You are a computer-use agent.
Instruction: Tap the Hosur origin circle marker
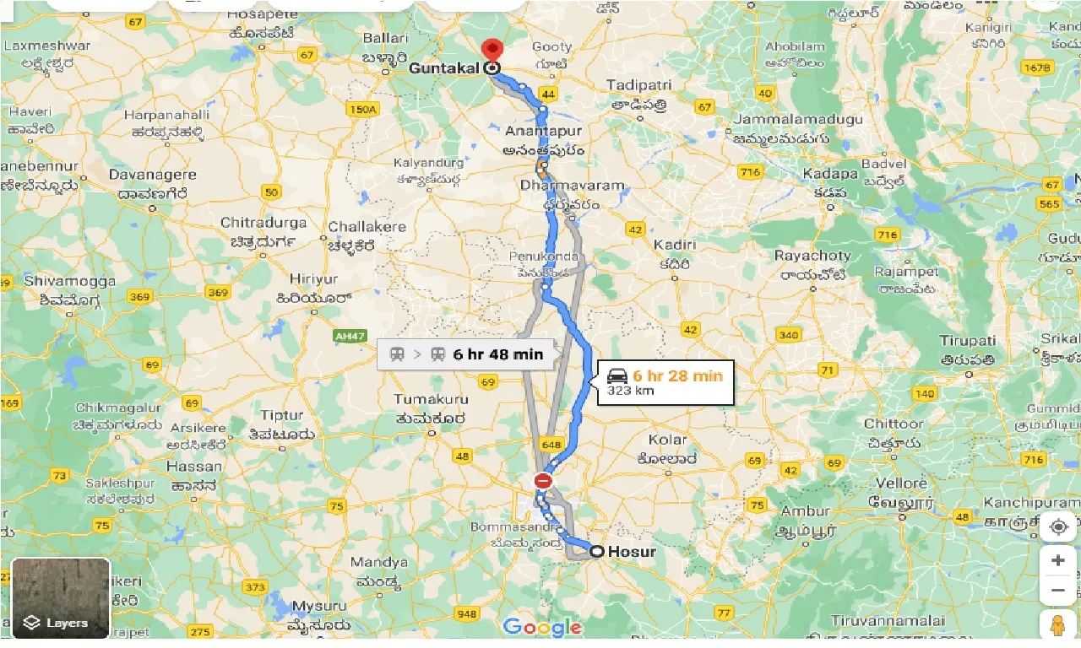point(596,551)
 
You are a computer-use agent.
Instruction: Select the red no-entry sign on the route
point(543,481)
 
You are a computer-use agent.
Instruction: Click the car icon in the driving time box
point(617,375)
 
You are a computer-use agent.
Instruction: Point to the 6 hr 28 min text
point(677,375)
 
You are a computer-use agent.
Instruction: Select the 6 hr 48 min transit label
point(497,354)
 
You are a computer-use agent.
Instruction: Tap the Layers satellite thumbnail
point(61,598)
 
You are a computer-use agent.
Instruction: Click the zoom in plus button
point(1058,560)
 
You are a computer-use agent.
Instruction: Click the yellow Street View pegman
point(1058,627)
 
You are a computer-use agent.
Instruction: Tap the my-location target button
point(1058,527)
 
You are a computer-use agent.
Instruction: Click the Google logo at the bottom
point(542,627)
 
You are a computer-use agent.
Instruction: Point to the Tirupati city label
point(967,341)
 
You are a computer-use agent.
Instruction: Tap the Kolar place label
point(667,440)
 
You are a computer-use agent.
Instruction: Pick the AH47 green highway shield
point(349,336)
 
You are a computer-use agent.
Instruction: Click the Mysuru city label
point(318,607)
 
